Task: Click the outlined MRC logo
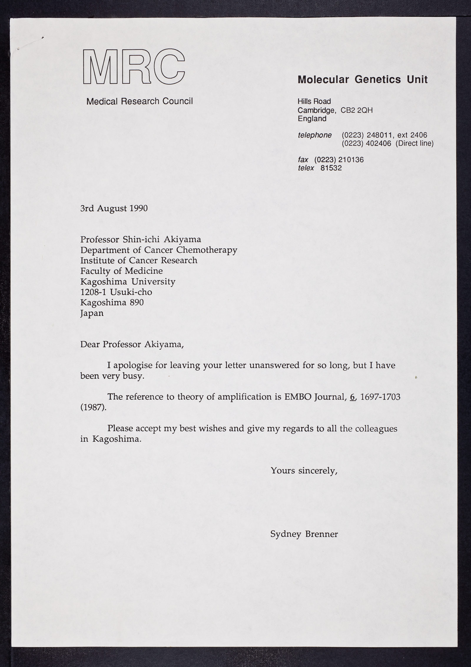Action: [x=134, y=67]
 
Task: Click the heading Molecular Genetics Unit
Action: [x=362, y=79]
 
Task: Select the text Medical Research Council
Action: [x=140, y=101]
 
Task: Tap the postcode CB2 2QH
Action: [x=357, y=110]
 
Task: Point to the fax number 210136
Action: [x=351, y=160]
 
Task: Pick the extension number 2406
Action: [x=419, y=135]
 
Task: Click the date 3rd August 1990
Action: [x=114, y=208]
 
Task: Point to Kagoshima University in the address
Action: [x=128, y=282]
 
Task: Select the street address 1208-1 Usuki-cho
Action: [x=116, y=292]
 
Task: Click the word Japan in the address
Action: [x=92, y=313]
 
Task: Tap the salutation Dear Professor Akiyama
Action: [x=132, y=344]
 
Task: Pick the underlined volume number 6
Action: [x=352, y=397]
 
